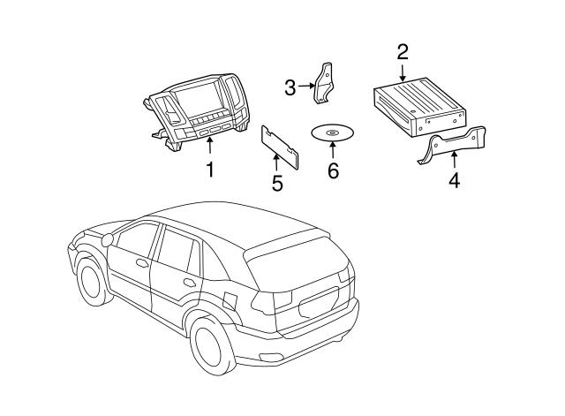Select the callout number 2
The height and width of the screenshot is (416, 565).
tap(403, 52)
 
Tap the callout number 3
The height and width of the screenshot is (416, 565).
tap(290, 87)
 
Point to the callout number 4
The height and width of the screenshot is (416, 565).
tap(454, 181)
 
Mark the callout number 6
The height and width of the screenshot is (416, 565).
tap(333, 170)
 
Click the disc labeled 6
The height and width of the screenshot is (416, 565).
tap(332, 133)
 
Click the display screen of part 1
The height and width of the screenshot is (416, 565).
tap(200, 102)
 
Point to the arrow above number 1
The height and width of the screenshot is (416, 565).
tap(210, 145)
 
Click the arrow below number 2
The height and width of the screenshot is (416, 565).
tap(403, 74)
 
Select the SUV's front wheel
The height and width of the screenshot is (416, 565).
tap(91, 281)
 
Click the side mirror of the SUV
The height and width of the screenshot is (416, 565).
tap(107, 239)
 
